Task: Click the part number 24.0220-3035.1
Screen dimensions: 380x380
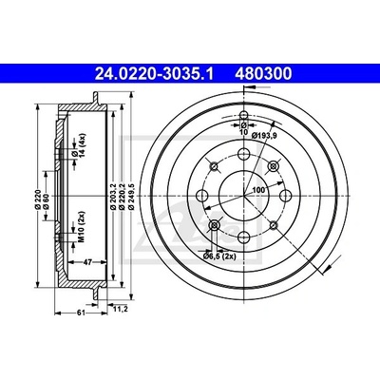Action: [154, 74]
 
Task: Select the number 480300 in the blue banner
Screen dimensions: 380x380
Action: [263, 74]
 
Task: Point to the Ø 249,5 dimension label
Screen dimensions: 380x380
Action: [129, 197]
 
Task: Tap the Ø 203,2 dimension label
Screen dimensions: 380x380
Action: [112, 197]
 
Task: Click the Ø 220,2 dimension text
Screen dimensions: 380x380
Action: [121, 197]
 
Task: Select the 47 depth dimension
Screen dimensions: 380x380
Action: [87, 261]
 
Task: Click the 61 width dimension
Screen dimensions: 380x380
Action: [81, 313]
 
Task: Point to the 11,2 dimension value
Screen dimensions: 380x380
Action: [121, 310]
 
